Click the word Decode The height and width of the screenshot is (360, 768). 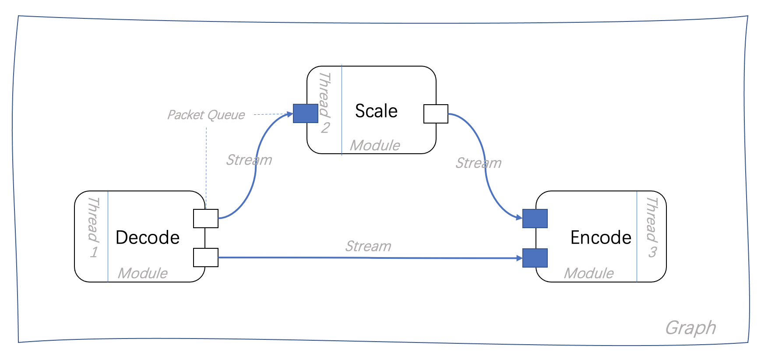coord(148,237)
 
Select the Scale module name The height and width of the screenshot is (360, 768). coord(376,111)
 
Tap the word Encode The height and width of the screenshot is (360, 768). coord(601,237)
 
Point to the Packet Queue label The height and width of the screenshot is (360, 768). coord(206,115)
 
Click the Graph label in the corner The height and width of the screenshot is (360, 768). coord(690,328)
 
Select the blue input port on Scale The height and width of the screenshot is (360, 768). coord(306,113)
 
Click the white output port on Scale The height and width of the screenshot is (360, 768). coord(436,114)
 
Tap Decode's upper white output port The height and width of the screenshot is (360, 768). coord(206,219)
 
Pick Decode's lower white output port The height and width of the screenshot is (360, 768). coord(206,258)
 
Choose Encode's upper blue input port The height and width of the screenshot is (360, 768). coord(535,219)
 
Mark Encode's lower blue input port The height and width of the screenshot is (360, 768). coord(535,258)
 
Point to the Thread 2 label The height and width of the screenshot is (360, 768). coord(324,103)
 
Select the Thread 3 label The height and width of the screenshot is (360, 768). coord(652,227)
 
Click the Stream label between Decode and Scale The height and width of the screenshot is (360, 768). coord(249,160)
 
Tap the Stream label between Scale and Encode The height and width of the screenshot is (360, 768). coord(479,163)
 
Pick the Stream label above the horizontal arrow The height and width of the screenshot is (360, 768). coord(368,246)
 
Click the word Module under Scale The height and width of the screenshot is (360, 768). coord(375,145)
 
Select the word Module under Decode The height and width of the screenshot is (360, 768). coord(143,273)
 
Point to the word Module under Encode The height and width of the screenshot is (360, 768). coord(589,273)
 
